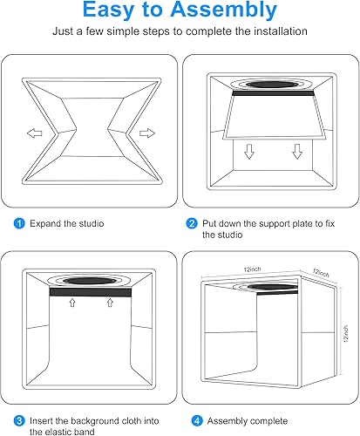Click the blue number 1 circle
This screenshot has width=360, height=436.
[x=19, y=223]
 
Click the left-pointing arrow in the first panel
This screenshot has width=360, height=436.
[x=31, y=134]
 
